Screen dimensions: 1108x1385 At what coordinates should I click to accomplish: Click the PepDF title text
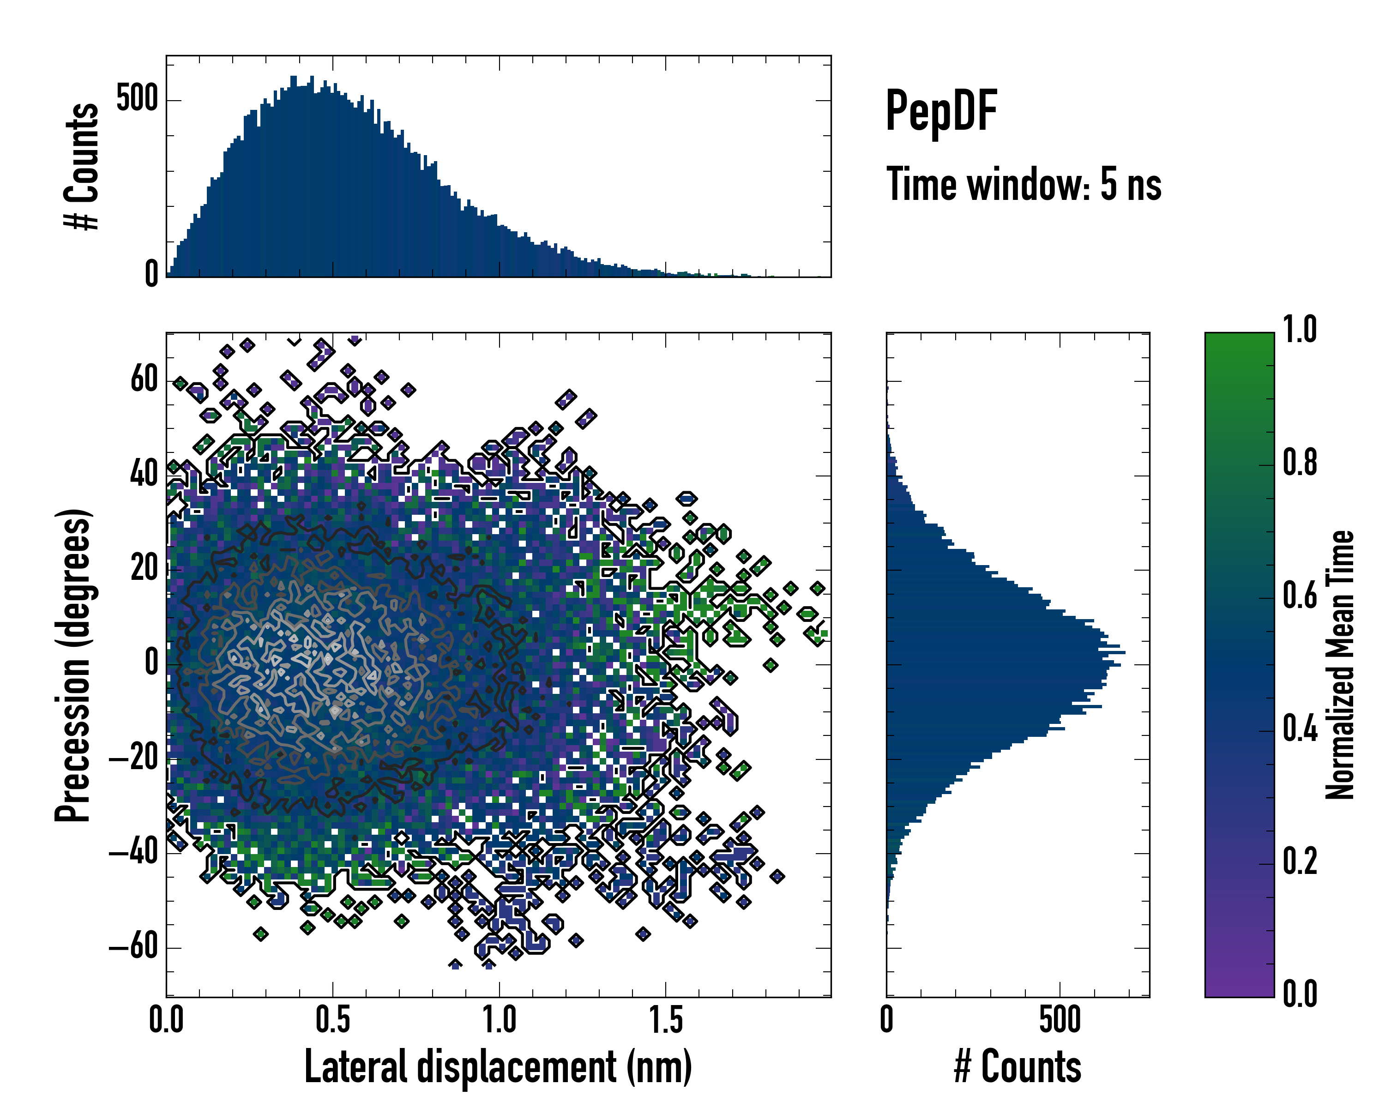941,110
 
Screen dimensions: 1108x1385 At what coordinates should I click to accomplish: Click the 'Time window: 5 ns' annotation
1024,184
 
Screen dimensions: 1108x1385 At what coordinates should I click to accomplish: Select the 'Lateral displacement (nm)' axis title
498,1067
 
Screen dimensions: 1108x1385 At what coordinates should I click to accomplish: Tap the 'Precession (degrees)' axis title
72,665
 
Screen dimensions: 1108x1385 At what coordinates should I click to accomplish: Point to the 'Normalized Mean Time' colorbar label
1340,665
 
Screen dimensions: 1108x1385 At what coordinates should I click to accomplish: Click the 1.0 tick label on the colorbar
1300,330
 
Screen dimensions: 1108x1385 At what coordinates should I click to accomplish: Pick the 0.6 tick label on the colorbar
1300,596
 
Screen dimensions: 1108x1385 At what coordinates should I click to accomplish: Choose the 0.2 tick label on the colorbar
1300,861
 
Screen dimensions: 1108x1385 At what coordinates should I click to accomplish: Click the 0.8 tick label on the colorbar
1300,463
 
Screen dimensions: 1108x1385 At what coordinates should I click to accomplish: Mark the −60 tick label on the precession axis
133,947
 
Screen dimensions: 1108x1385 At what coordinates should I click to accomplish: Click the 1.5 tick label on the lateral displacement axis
666,1020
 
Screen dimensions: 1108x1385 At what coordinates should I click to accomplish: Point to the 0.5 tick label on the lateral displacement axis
333,1020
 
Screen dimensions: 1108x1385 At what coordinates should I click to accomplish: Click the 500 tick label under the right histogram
1060,1020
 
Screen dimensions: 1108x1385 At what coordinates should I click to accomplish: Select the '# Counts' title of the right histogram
1018,1067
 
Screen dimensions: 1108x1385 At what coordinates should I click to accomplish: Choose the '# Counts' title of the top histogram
82,166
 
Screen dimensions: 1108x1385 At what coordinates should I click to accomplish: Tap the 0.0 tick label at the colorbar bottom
1300,994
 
